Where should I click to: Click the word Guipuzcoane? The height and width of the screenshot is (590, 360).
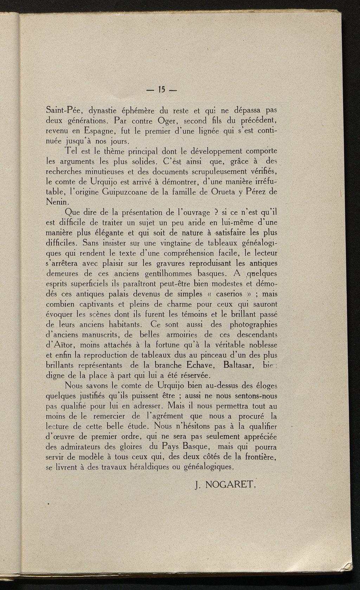(121, 192)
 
